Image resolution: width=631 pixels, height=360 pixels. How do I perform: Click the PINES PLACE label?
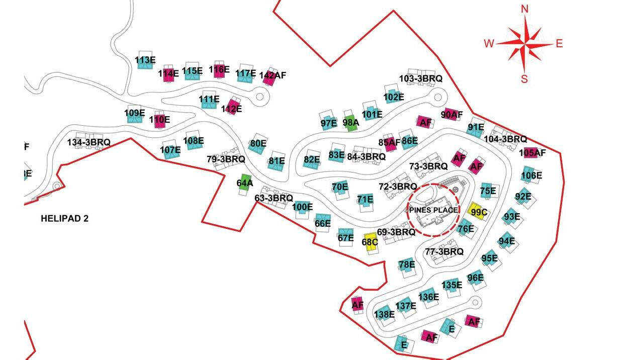433,210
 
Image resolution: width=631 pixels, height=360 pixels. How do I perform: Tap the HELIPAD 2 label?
64,219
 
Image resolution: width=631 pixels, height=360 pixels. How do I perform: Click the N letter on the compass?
525,9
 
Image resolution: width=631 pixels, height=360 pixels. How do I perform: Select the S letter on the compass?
524,79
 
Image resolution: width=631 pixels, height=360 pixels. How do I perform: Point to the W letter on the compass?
489,44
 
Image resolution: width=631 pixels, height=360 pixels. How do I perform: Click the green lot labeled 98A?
351,122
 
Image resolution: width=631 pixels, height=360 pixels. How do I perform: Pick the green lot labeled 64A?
244,183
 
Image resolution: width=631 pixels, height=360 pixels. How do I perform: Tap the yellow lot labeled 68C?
370,241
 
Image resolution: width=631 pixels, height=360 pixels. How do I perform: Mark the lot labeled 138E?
384,314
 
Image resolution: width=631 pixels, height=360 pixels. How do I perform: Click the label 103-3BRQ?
421,78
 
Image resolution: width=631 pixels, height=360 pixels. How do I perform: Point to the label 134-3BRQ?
88,142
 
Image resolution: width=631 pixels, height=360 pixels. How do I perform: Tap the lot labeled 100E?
302,207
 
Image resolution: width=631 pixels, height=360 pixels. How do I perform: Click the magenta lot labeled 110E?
160,120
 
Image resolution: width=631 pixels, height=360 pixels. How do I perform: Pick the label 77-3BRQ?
444,251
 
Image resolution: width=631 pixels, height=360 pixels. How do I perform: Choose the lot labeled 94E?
507,241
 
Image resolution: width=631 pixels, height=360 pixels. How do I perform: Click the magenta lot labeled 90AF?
451,115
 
